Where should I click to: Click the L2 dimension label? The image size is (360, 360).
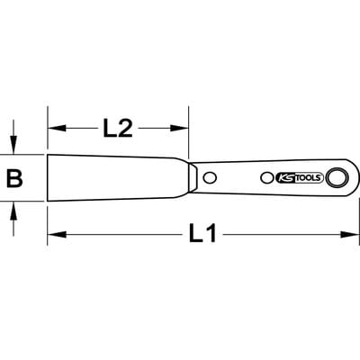pyautogui.click(x=118, y=128)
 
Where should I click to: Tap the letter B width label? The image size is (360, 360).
pyautogui.click(x=14, y=178)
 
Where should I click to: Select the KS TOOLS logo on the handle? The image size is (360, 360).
pyautogui.click(x=299, y=178)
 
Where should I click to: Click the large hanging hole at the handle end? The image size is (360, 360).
pyautogui.click(x=337, y=178)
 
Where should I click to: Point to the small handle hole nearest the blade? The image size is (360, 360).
pyautogui.click(x=210, y=177)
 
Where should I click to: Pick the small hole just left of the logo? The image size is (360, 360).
pyautogui.click(x=266, y=178)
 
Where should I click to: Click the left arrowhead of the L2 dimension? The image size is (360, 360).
pyautogui.click(x=57, y=128)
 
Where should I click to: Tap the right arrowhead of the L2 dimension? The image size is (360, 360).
pyautogui.click(x=179, y=128)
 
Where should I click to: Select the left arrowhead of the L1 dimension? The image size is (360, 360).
pyautogui.click(x=57, y=234)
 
